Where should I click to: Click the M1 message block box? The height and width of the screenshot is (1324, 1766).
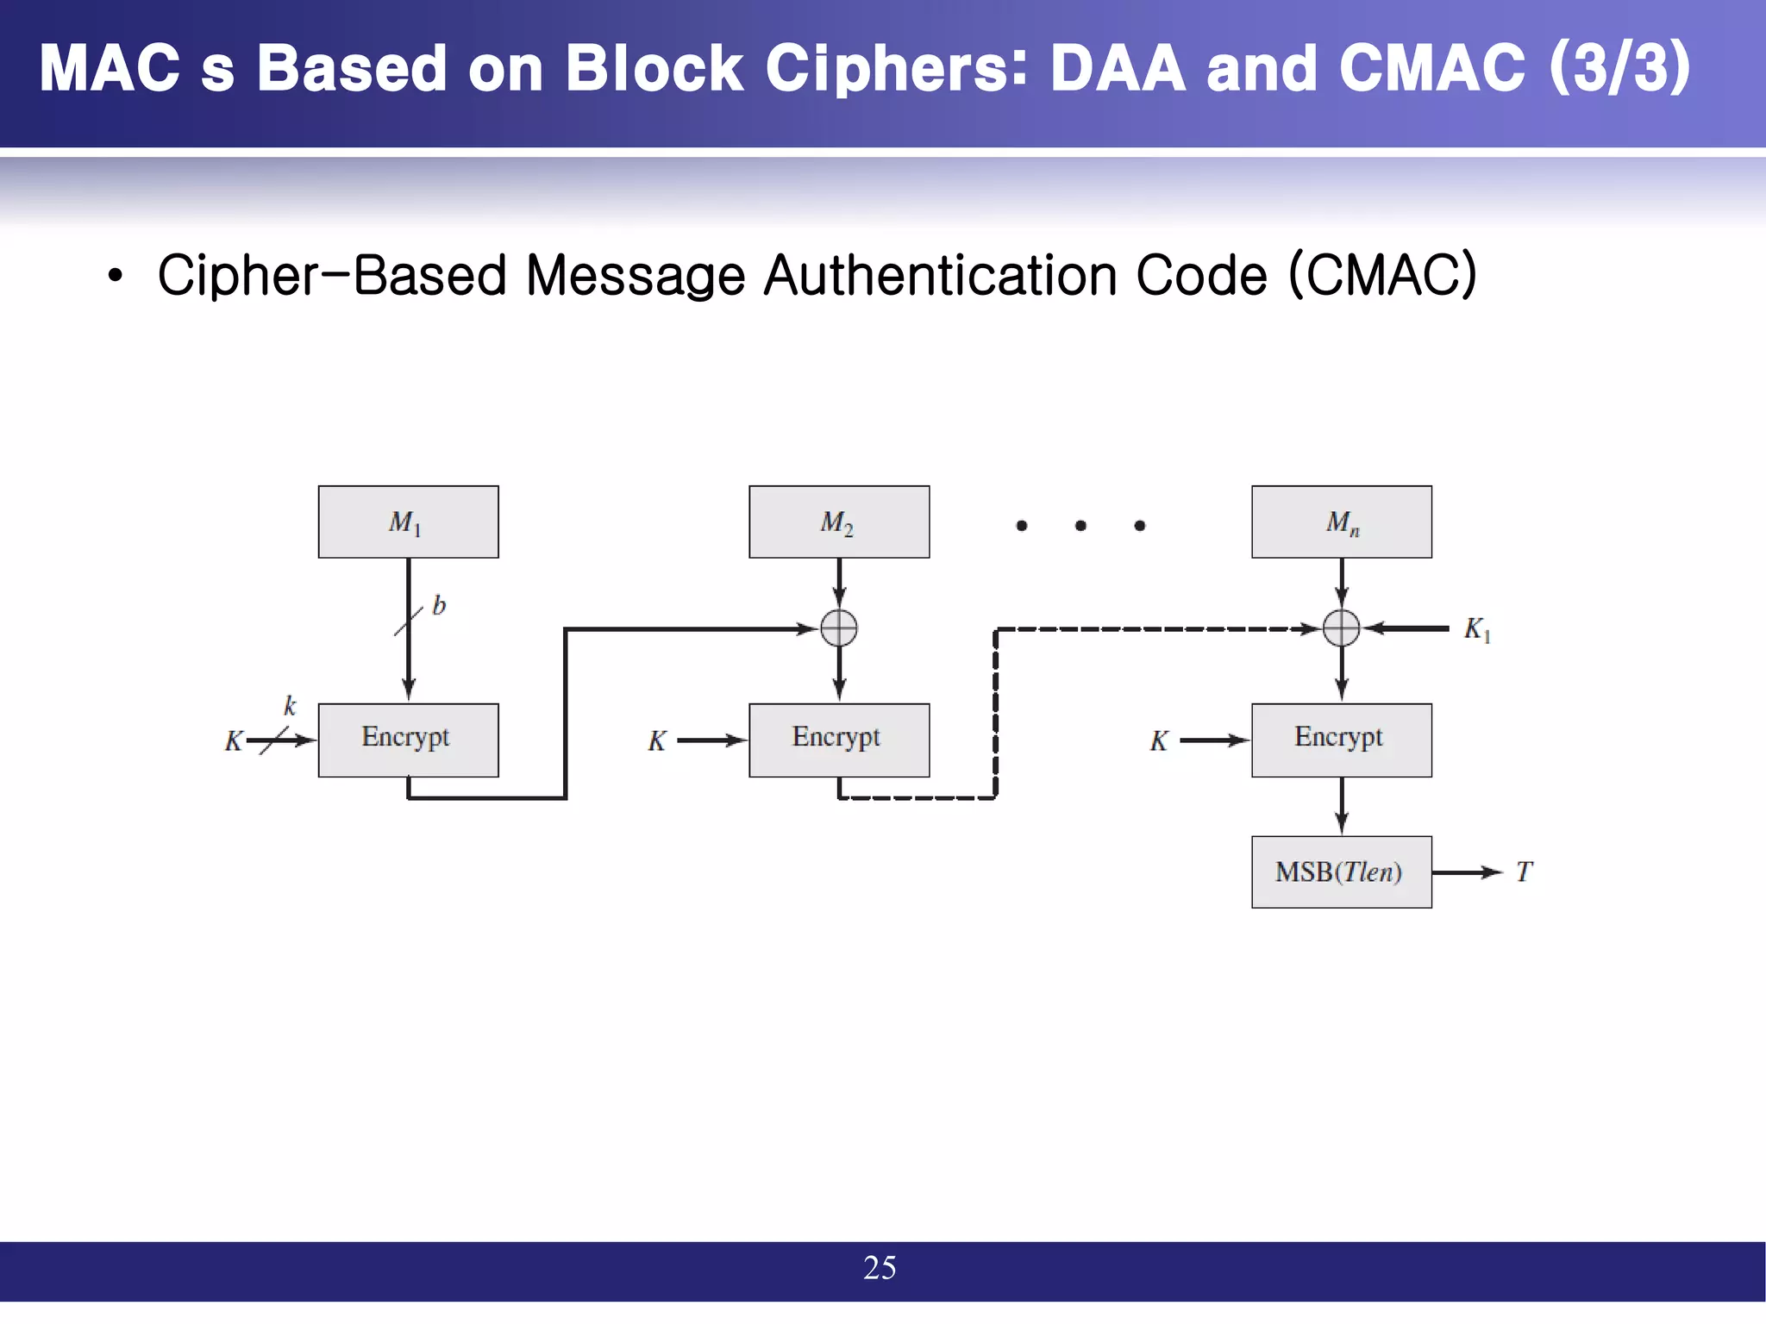coord(408,521)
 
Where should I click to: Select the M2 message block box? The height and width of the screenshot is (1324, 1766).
coord(839,521)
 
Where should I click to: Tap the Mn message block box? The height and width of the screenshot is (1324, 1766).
coord(1341,521)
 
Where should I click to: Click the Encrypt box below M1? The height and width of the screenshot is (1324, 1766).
coord(408,740)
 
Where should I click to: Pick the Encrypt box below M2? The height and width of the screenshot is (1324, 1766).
coord(839,740)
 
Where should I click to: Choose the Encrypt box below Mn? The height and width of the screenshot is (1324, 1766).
coord(1341,740)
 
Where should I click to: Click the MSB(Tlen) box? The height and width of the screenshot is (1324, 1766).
coord(1341,871)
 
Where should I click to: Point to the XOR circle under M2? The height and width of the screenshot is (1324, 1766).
coord(839,628)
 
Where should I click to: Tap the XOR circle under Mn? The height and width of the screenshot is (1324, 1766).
coord(1341,628)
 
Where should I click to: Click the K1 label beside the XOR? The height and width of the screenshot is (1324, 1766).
coord(1476,629)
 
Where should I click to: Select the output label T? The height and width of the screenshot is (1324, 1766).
coord(1524,872)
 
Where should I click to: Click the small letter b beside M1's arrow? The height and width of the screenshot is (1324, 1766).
coord(439,605)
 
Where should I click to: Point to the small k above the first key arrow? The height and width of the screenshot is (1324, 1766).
coord(290,706)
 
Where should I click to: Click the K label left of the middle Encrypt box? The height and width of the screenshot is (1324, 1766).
coord(657,740)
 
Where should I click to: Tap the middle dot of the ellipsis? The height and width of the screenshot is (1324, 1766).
coord(1080,525)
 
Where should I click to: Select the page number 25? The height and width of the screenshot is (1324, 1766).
coord(880,1267)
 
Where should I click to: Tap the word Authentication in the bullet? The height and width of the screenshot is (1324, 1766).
coord(940,276)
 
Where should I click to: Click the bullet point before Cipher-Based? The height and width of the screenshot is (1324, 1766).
coord(116,277)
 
